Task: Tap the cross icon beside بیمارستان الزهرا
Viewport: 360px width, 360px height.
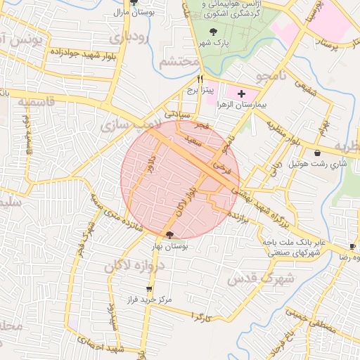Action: pos(241,94)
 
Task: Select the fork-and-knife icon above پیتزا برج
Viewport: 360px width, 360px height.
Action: pos(200,79)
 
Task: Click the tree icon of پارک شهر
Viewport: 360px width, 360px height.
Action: pos(213,31)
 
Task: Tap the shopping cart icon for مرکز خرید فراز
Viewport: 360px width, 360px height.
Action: pos(148,289)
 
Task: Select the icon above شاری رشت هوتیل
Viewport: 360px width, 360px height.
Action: pos(318,153)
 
